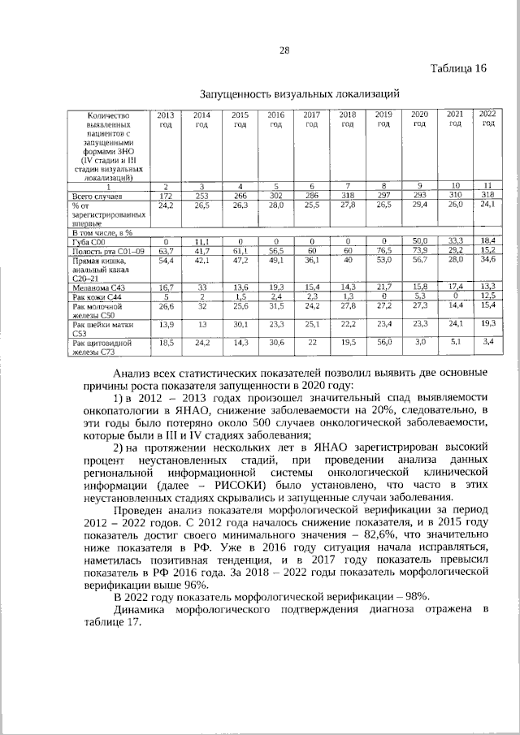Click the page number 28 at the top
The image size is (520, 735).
tap(284, 50)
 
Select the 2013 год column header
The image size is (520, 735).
tap(165, 119)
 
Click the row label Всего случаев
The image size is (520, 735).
tap(97, 197)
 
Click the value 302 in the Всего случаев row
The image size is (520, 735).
tap(275, 197)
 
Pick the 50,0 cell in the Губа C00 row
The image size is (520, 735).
tap(419, 242)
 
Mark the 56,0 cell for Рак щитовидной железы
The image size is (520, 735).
tap(383, 344)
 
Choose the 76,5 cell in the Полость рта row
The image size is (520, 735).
tap(383, 252)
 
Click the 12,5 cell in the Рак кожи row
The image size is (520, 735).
tap(487, 297)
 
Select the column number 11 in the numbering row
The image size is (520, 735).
tap(487, 187)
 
